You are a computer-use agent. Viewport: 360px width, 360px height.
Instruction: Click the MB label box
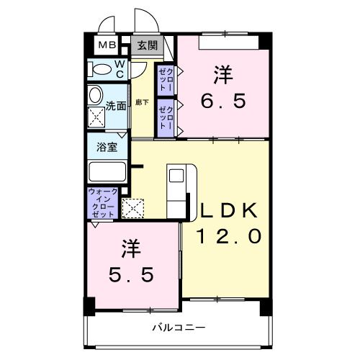click(107, 45)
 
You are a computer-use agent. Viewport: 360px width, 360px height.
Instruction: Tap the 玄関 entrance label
click(147, 45)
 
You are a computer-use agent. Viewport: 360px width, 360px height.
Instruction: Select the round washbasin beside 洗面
click(94, 95)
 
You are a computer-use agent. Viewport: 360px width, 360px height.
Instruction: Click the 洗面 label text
click(117, 106)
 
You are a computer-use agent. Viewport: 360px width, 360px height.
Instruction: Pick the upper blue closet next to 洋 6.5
click(166, 78)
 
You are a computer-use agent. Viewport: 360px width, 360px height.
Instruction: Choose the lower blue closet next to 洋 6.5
click(166, 116)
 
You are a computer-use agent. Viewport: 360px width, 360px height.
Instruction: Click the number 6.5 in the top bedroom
click(223, 101)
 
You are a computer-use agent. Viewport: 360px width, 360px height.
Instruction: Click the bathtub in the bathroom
click(107, 174)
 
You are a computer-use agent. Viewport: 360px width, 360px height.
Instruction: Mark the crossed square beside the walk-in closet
click(132, 208)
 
